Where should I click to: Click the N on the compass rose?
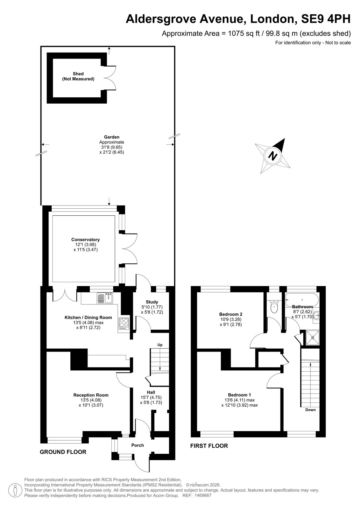tap(273, 156)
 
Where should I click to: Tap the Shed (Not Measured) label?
tap(78, 76)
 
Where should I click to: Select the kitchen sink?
tap(105, 298)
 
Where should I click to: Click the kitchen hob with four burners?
tap(124, 324)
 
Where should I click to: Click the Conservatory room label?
tap(85, 245)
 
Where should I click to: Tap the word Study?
tap(152, 302)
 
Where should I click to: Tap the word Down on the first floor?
tap(310, 416)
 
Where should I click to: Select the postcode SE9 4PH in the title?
tap(326, 19)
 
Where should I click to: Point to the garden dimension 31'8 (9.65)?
tap(112, 147)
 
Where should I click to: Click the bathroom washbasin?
tap(316, 316)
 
